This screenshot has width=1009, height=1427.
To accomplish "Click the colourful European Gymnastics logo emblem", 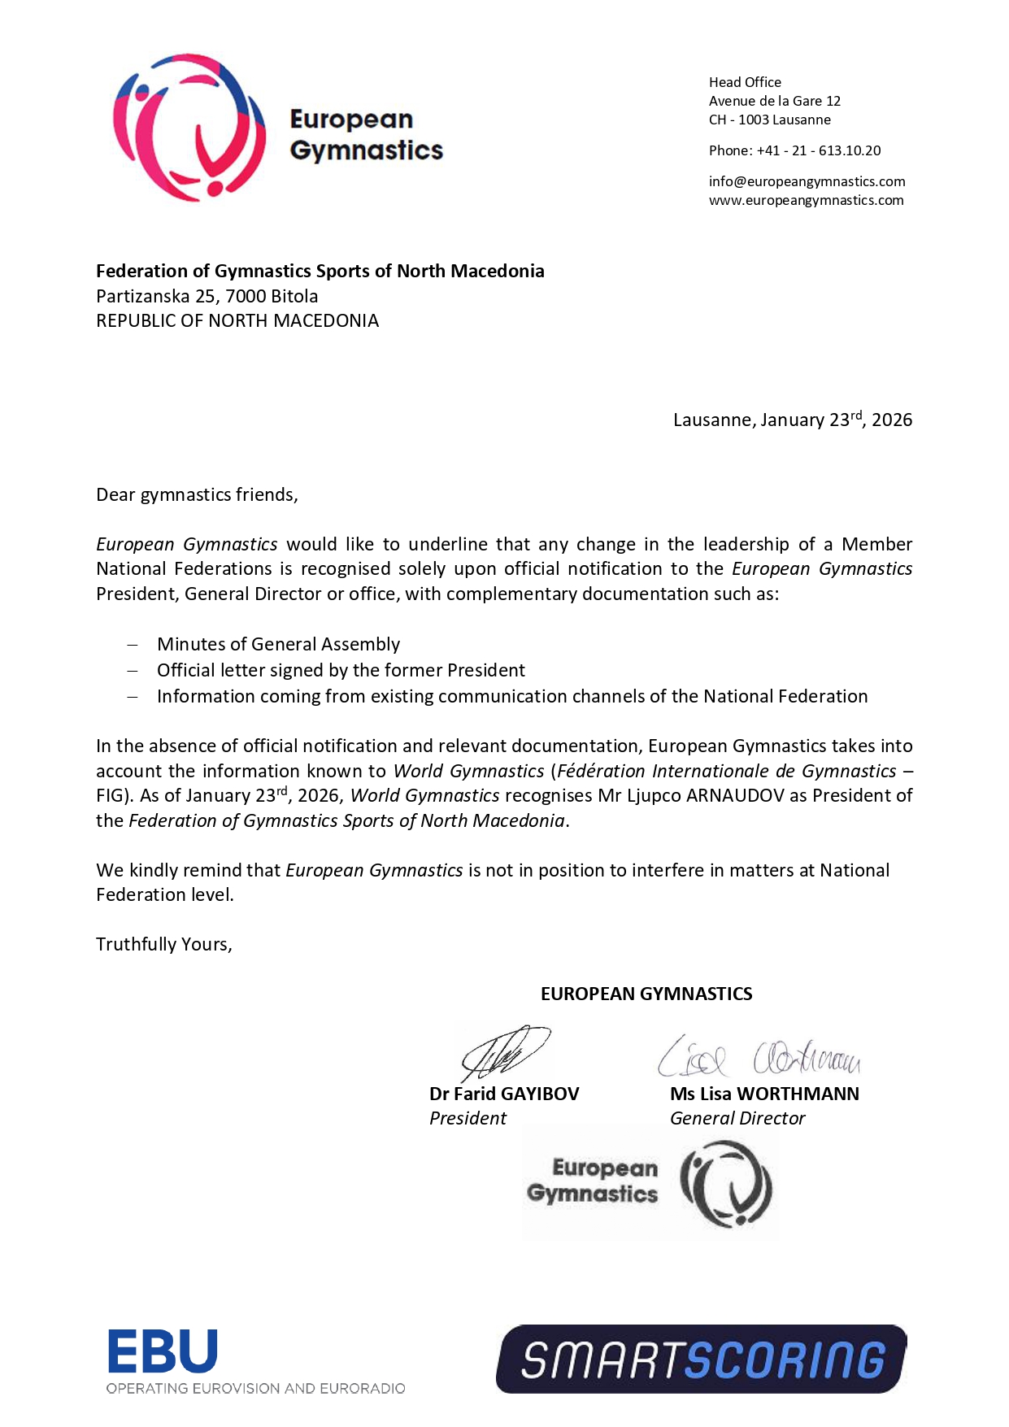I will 189,127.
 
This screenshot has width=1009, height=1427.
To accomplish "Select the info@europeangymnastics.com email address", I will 807,181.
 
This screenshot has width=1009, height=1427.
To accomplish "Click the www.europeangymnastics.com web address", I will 806,200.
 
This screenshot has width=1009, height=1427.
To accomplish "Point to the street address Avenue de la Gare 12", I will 774,101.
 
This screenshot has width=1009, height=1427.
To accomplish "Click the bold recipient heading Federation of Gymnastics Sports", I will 320,271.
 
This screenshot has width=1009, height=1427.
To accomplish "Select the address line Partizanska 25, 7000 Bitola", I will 207,296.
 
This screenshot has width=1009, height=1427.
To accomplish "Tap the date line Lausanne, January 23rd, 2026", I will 792,420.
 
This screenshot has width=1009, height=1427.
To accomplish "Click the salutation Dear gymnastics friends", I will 197,494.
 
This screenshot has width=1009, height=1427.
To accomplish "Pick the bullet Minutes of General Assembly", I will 278,644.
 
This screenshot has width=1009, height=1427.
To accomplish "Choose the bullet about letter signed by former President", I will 341,670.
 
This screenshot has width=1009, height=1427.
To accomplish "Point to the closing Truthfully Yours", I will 164,944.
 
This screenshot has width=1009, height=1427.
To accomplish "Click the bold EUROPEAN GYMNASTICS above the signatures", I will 646,994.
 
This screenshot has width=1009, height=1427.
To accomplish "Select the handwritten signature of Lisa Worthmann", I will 759,1057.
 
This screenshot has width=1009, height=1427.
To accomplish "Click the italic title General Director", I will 737,1118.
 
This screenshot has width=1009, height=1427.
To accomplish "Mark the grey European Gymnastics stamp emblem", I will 726,1184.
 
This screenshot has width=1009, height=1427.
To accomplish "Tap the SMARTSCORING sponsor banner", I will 701,1359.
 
